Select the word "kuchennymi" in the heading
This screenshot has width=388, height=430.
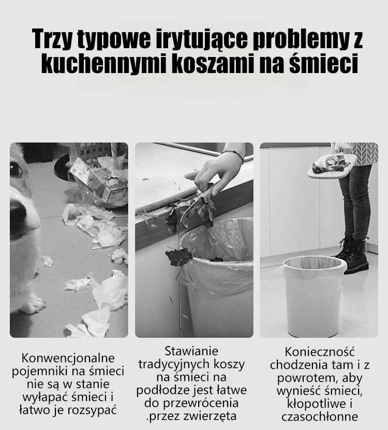(x=104, y=63)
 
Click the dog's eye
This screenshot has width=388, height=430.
(x=16, y=169)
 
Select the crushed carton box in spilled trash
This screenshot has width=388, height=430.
(x=97, y=180)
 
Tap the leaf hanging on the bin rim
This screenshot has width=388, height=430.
(x=179, y=257)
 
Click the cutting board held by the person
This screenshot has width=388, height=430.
(x=332, y=166)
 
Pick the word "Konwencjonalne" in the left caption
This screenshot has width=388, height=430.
(x=68, y=358)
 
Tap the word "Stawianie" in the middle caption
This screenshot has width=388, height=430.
(x=191, y=351)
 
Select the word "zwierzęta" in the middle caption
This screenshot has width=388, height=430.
(x=210, y=417)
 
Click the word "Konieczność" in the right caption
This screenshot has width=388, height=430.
(x=320, y=352)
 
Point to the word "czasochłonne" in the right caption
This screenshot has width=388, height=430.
(x=320, y=417)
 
